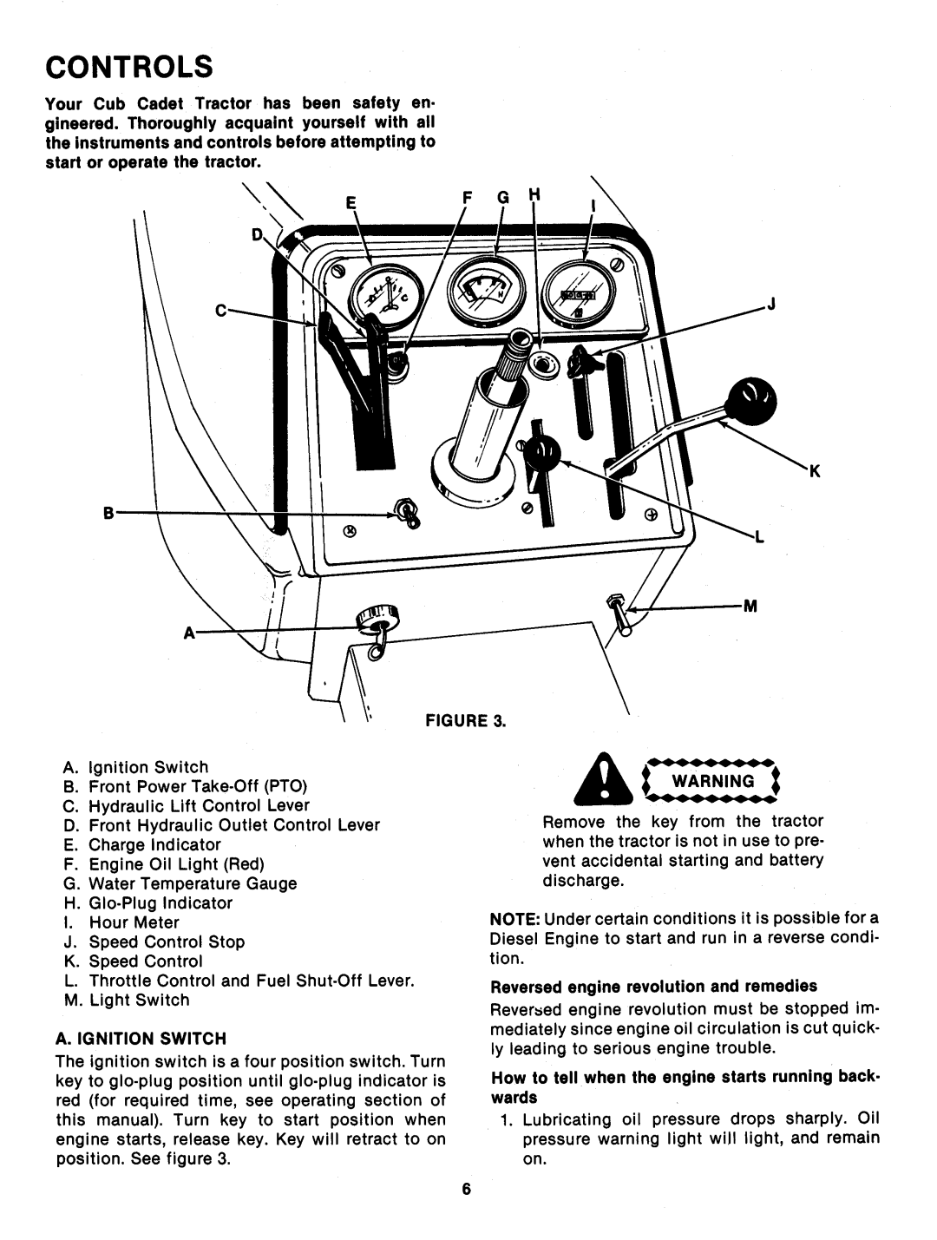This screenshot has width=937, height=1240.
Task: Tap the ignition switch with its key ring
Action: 376,623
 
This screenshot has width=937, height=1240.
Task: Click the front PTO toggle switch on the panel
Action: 406,514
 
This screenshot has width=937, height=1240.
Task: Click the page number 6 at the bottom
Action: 466,1190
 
